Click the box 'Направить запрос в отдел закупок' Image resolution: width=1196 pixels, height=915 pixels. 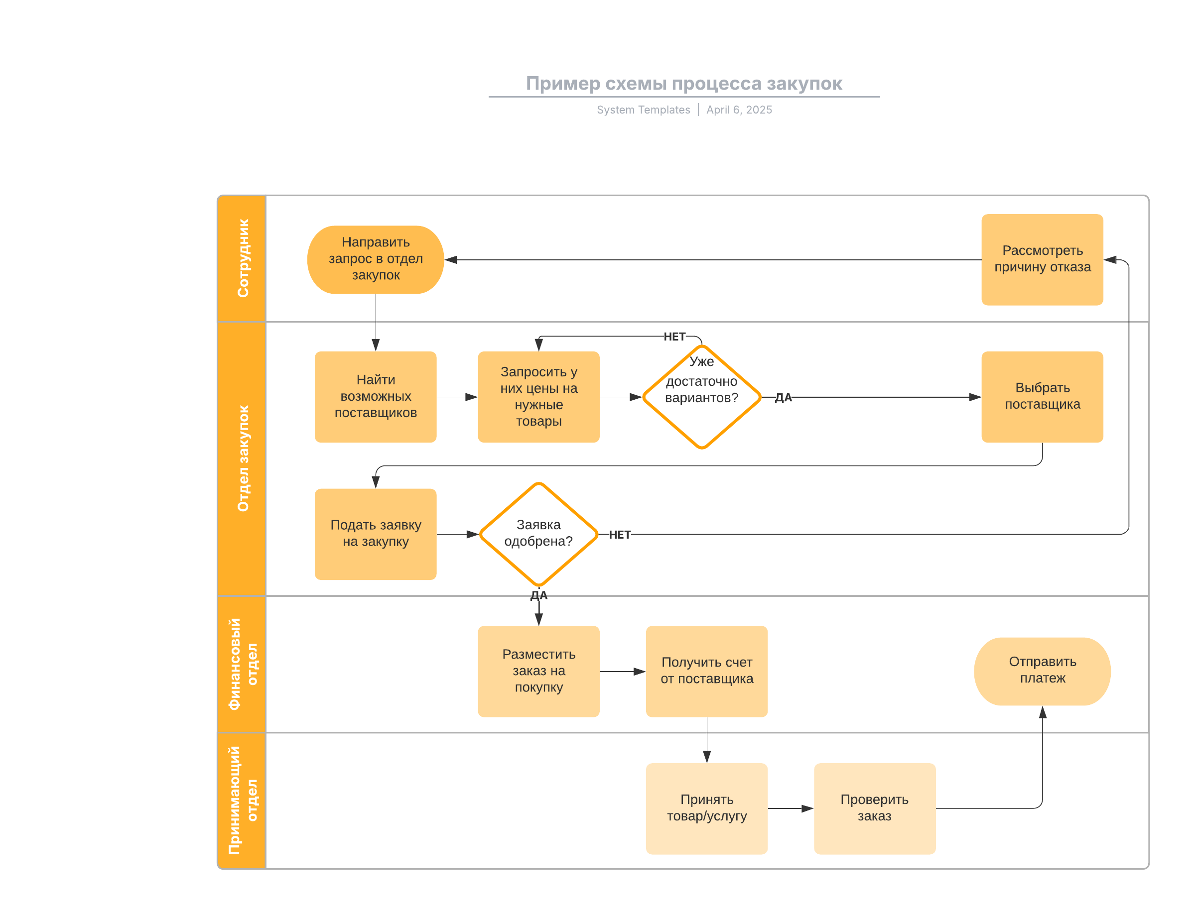click(x=376, y=260)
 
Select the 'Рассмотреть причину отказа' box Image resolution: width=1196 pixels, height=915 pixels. click(x=1042, y=260)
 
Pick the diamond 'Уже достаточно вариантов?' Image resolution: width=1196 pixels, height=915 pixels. click(x=702, y=397)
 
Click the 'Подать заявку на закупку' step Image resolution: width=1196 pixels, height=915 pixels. click(x=376, y=534)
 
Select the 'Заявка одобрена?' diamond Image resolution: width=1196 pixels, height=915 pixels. click(x=538, y=534)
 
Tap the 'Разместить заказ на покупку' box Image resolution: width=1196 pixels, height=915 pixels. click(x=538, y=672)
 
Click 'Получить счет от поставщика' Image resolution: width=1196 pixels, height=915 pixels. click(x=707, y=672)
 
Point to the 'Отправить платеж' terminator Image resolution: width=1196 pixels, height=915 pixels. click(x=1042, y=672)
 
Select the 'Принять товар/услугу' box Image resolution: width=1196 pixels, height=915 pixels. click(x=707, y=809)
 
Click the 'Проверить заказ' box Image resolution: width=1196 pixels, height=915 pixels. click(x=875, y=809)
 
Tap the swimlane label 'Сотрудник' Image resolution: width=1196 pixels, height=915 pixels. click(x=243, y=258)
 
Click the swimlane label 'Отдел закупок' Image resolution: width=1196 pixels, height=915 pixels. click(x=243, y=458)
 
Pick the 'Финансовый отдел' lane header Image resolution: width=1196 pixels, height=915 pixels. click(x=243, y=665)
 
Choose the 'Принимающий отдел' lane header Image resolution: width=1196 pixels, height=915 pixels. click(x=243, y=801)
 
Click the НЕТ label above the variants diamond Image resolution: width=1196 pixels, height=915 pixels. click(x=674, y=337)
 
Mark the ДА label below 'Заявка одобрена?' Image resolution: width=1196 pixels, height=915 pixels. click(x=539, y=595)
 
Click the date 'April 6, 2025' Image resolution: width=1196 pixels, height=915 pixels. click(x=739, y=110)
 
